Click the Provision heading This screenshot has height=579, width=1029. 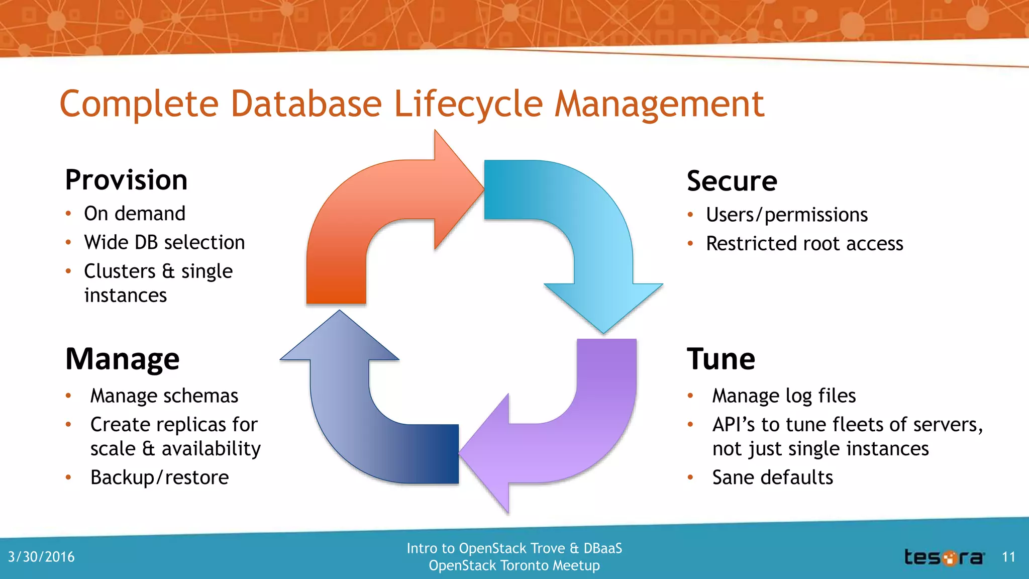[x=126, y=180]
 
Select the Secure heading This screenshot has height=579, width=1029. [x=732, y=181]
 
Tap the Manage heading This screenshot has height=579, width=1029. [x=122, y=359]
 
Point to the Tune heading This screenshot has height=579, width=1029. [x=721, y=359]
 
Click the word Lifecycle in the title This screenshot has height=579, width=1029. [x=468, y=104]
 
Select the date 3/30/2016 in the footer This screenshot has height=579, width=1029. [x=41, y=557]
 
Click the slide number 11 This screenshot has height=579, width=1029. [x=1008, y=557]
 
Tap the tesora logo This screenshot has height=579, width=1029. [x=944, y=557]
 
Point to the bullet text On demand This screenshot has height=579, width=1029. [x=135, y=214]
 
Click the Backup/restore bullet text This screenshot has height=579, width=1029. [x=159, y=477]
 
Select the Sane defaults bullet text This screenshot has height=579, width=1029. [x=772, y=477]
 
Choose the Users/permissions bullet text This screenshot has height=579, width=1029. [x=786, y=215]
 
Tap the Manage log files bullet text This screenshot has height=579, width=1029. [x=784, y=396]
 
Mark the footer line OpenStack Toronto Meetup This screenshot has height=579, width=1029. [x=514, y=566]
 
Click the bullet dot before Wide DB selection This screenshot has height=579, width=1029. [x=68, y=243]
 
